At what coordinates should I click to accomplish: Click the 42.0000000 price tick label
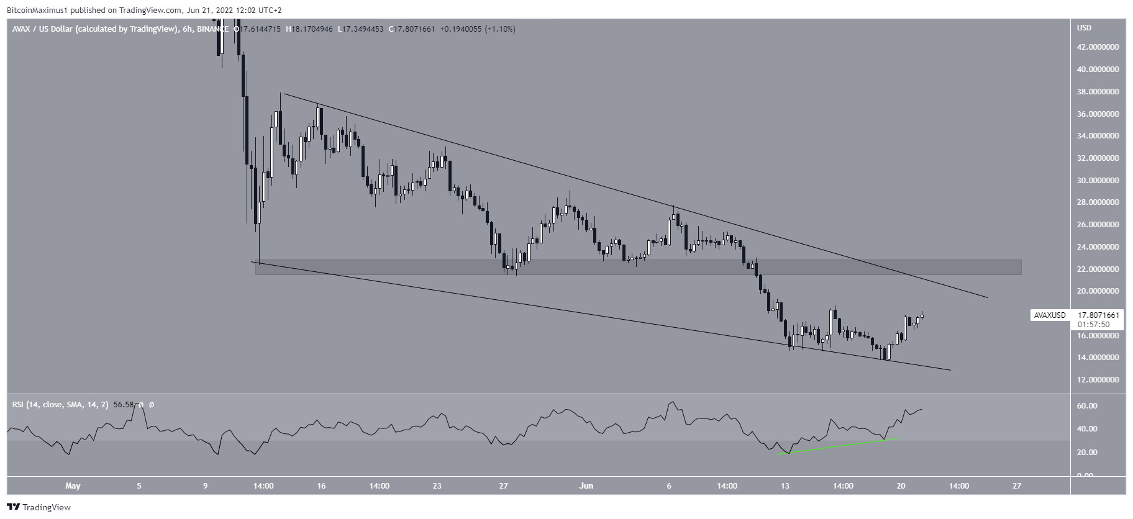click(x=1098, y=47)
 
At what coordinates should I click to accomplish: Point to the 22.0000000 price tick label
click(x=1098, y=269)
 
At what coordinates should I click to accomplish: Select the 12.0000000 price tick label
click(x=1098, y=380)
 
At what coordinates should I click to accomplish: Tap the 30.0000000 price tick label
click(x=1098, y=181)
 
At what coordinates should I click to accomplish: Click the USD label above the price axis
click(x=1084, y=28)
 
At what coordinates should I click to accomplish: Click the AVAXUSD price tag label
click(x=1050, y=315)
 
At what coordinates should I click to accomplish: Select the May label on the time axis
click(x=73, y=486)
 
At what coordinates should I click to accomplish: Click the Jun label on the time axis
click(x=586, y=486)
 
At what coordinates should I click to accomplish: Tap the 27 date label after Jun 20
click(x=1016, y=486)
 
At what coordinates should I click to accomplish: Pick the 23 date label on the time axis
click(x=437, y=486)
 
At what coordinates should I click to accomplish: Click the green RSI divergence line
click(x=839, y=446)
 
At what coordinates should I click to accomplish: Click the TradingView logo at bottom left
click(x=39, y=507)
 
